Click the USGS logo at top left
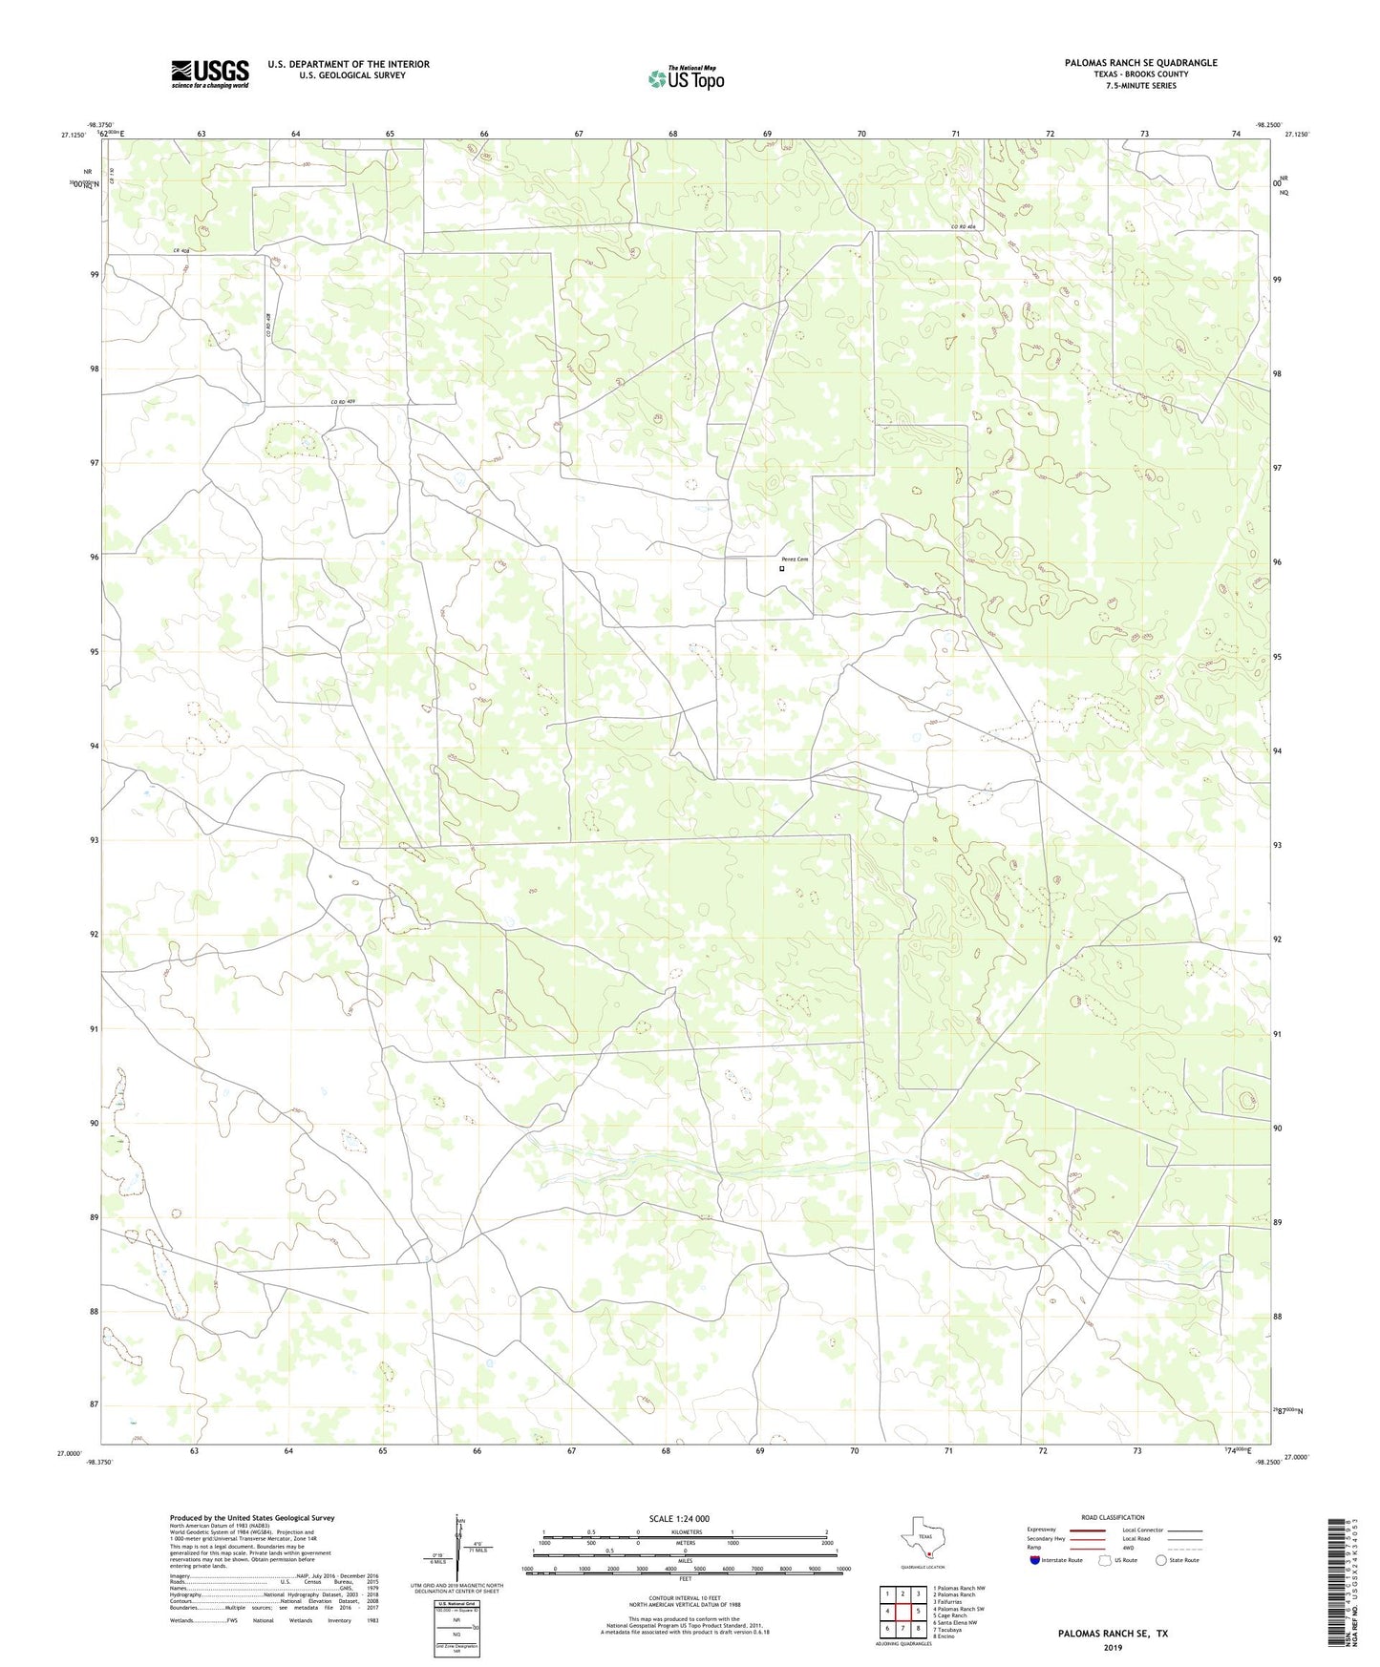[x=210, y=74]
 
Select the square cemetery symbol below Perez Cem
[x=782, y=568]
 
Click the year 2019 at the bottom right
[x=1113, y=1647]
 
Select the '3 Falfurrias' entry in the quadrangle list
[x=956, y=1601]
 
